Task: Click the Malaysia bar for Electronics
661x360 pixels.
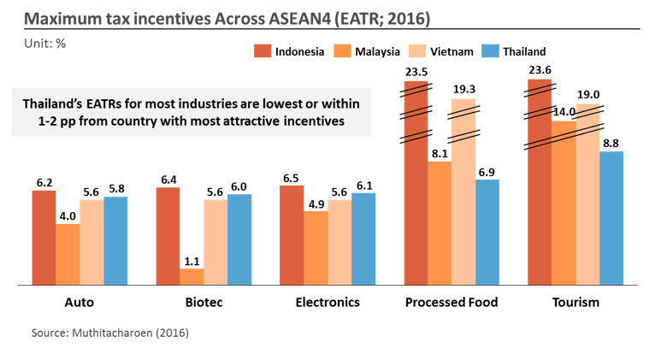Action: (x=316, y=247)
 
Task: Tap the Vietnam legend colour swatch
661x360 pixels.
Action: (x=417, y=51)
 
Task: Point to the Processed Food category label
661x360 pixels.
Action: (x=451, y=303)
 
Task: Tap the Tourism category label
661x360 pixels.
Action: (x=575, y=303)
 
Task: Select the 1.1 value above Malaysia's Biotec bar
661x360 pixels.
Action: (x=192, y=261)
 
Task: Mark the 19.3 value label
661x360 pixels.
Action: (x=463, y=90)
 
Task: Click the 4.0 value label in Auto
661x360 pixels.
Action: (x=68, y=216)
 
